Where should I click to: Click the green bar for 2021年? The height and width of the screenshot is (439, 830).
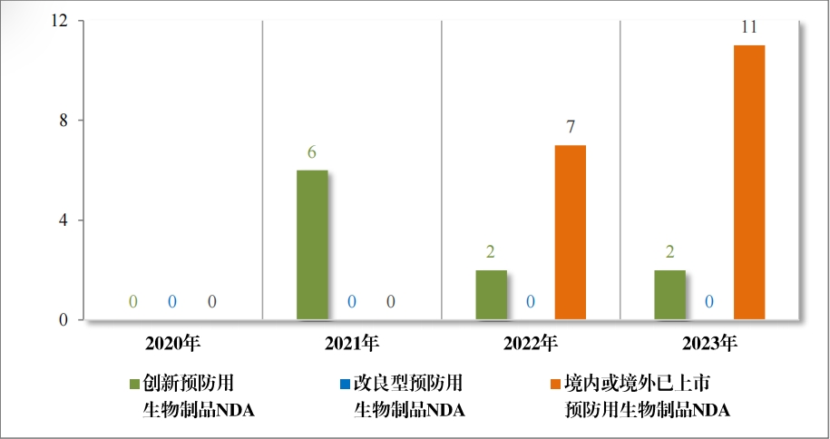coord(312,245)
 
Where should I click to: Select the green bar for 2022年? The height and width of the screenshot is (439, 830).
coord(491,295)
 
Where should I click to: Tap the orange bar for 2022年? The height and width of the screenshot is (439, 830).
coord(571,232)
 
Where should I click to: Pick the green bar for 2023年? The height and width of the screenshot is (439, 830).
coord(669,295)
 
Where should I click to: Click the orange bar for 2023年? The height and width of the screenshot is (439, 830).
coord(749,182)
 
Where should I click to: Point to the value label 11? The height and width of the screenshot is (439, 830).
coord(749,27)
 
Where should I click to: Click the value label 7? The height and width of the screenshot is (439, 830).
coord(571,127)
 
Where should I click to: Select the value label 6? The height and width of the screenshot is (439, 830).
coord(312,151)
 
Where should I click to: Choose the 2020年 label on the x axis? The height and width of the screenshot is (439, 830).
coord(172,344)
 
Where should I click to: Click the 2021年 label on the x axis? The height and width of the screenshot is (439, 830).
coord(352,344)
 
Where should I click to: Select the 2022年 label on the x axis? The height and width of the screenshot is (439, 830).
coord(531,344)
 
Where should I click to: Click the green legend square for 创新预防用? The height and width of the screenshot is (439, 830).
coord(135,384)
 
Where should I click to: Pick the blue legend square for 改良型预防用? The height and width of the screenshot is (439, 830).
coord(346,384)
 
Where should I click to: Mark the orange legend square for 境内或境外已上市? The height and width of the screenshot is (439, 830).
coord(555,384)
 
